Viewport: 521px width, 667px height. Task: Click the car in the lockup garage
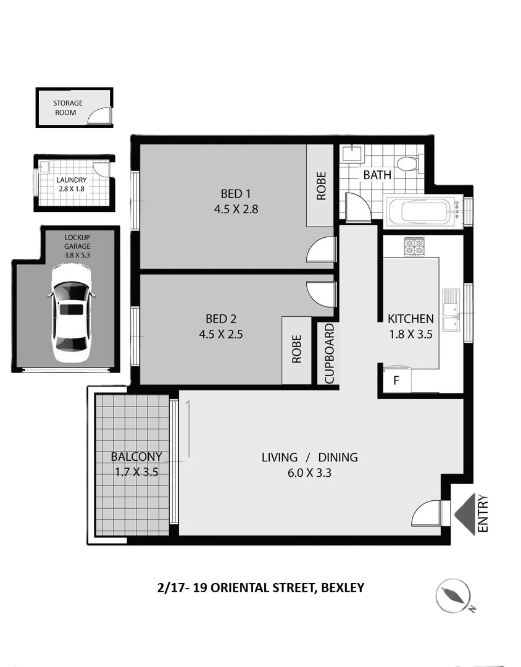pos(71,313)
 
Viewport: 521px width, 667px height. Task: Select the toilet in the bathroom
pos(407,164)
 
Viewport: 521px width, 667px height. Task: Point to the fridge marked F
pos(396,380)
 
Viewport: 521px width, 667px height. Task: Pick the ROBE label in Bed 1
pos(321,185)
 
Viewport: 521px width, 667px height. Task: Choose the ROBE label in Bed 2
pos(297,349)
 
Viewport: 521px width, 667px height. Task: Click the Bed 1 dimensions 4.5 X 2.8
pos(236,209)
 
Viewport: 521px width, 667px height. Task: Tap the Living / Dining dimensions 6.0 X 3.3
pos(310,473)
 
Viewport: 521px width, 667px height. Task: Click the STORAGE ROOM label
pos(68,107)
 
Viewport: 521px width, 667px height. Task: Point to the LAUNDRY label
pos(72,180)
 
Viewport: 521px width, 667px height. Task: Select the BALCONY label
pos(136,457)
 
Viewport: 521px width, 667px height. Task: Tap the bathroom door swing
pos(357,206)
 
